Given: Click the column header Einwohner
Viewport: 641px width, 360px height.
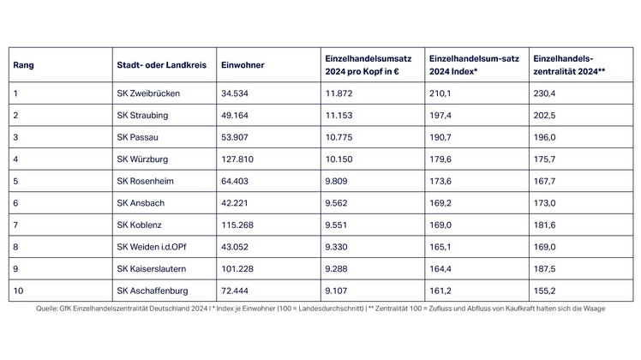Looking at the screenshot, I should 243,64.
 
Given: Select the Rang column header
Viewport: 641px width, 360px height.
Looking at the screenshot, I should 23,64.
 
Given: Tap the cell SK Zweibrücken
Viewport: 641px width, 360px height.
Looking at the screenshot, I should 148,92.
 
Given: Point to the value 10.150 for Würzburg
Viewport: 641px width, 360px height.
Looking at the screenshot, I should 340,159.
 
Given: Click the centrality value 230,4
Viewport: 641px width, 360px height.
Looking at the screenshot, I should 545,92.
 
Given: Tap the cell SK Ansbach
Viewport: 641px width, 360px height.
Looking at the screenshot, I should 141,203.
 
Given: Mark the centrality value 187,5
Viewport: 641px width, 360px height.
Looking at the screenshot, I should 545,270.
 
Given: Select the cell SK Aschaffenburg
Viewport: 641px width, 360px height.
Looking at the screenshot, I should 152,292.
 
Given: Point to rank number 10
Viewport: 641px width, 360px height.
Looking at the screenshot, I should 18,292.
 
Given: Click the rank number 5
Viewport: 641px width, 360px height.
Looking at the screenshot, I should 15,181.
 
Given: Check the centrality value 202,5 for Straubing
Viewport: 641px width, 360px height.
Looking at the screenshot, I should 545,114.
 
